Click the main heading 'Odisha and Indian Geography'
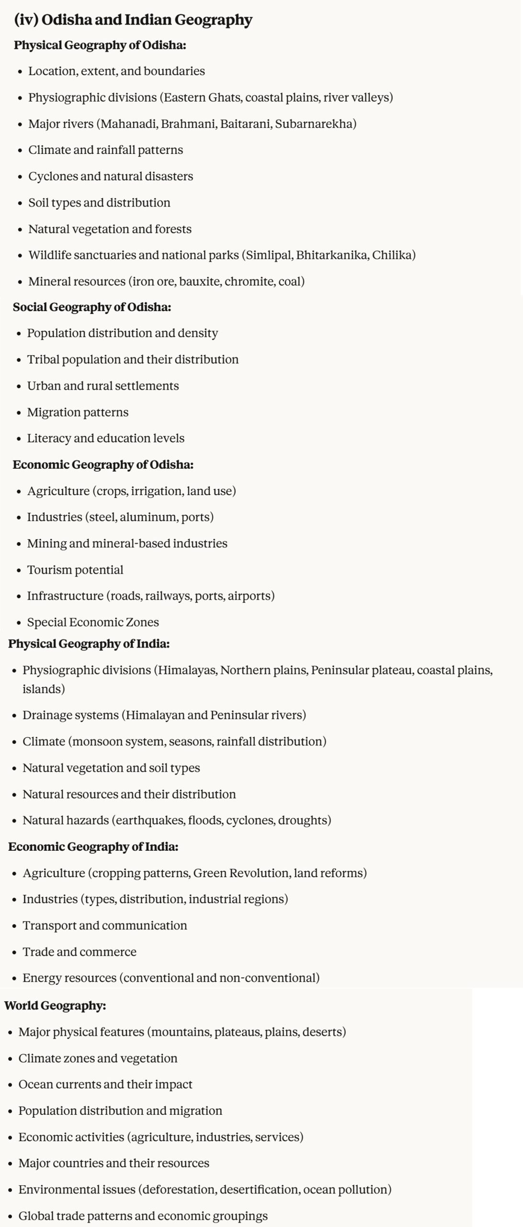coord(147,20)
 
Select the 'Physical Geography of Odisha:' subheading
coord(100,45)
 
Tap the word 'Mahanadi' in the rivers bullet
coord(128,124)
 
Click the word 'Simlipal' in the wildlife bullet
coord(268,255)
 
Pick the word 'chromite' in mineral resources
coord(249,281)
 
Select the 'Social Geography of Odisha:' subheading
coord(91,307)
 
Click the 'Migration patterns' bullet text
coord(78,412)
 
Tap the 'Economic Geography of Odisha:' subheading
coord(103,465)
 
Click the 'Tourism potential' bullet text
coord(75,570)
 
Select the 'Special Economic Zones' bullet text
coord(93,622)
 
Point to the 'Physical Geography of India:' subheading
coord(89,644)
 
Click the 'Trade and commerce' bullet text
coord(80,952)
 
